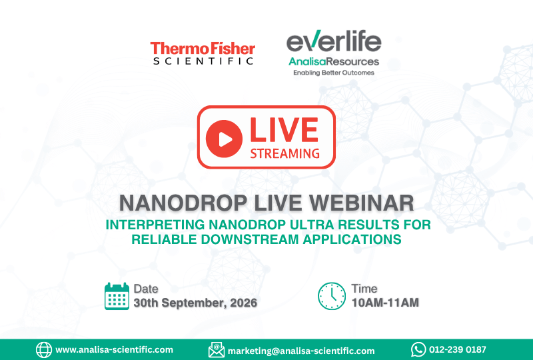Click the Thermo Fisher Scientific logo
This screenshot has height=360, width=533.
click(203, 53)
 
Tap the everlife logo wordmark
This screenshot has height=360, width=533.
click(334, 41)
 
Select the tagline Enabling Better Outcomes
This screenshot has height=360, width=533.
click(334, 73)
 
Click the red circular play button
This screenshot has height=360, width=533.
click(224, 139)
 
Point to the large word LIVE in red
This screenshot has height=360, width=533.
click(284, 129)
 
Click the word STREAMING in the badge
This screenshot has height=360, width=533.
click(285, 153)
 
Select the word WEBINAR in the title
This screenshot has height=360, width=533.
click(361, 203)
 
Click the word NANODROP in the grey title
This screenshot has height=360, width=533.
click(183, 203)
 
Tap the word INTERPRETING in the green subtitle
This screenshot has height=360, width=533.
click(155, 225)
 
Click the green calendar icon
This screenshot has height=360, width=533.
click(117, 296)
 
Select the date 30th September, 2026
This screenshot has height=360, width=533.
click(195, 303)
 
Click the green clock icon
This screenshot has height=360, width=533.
click(332, 296)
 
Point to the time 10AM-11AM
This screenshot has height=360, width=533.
click(385, 303)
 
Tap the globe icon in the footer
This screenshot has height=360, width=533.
click(44, 350)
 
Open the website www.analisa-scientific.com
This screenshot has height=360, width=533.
click(114, 350)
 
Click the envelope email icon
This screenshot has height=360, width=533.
click(217, 350)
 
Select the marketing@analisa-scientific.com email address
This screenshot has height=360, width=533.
click(301, 351)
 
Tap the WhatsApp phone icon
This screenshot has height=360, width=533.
click(418, 349)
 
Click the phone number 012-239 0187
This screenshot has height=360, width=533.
click(458, 349)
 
